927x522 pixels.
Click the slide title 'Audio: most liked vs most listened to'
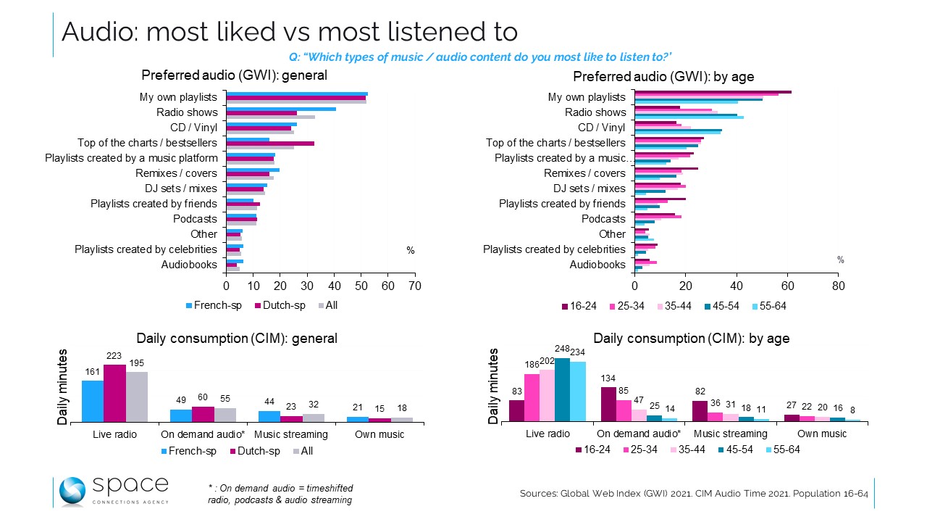pos(290,32)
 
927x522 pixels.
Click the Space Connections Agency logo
pos(113,491)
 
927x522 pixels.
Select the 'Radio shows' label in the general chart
pos(187,112)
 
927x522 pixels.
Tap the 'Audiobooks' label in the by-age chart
pos(597,265)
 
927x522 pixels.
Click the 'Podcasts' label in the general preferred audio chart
pos(195,219)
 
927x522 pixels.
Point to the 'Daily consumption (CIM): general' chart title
pos(238,338)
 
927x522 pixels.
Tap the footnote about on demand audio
pos(280,494)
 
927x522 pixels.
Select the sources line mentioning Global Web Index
pos(693,494)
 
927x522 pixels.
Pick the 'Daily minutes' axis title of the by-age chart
pos(494,386)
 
